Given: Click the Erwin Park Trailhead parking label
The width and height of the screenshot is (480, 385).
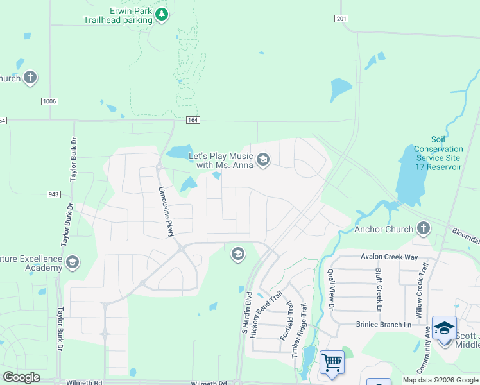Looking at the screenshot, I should click(118, 15).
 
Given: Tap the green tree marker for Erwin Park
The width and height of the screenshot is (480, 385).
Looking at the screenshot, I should click(162, 15).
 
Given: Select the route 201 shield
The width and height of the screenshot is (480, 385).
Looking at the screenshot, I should click(341, 19).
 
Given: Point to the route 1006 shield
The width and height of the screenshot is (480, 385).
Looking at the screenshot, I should click(49, 101).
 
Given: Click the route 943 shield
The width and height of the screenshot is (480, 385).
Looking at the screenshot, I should click(54, 194).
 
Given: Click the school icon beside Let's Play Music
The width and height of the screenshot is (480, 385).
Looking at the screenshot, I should click(262, 160).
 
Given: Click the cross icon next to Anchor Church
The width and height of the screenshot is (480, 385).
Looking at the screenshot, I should click(423, 228).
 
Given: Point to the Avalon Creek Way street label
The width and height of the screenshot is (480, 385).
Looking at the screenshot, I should click(390, 257).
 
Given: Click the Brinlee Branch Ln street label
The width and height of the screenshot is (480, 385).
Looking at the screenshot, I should click(383, 325).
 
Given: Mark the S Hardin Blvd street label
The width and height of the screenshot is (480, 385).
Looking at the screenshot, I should click(244, 312).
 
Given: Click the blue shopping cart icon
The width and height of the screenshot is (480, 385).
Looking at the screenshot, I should click(332, 363).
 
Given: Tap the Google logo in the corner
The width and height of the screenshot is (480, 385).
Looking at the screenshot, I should click(21, 377).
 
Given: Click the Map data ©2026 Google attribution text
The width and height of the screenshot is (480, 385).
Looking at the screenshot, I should click(440, 380).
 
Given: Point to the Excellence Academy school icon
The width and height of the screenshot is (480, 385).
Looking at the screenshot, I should click(72, 262).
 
